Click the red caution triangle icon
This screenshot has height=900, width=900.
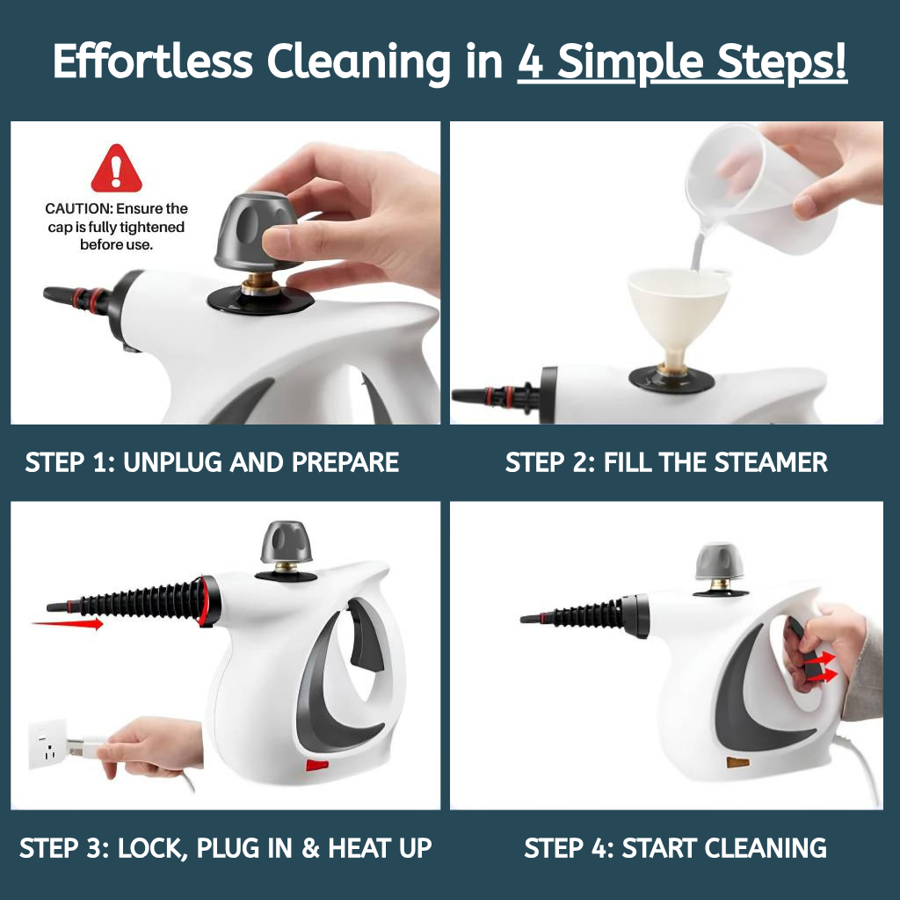(117, 169)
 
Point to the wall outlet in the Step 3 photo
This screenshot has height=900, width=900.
(47, 744)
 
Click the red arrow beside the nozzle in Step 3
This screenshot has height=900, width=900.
(68, 623)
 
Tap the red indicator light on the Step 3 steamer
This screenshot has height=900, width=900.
(316, 765)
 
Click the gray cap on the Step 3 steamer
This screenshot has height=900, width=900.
(287, 541)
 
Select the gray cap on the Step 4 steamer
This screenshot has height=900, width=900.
(719, 562)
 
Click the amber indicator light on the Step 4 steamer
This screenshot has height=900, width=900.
(737, 762)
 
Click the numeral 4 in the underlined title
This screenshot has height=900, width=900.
(531, 62)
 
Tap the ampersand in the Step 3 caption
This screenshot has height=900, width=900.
(310, 848)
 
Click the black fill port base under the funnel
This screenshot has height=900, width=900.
(671, 379)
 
